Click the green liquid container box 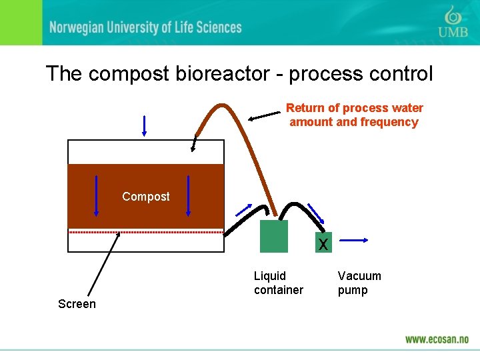click(274, 236)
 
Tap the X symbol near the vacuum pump click(323, 245)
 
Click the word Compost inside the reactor click(146, 197)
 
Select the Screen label click(77, 304)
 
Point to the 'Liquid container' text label click(278, 283)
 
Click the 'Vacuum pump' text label click(359, 283)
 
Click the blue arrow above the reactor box click(144, 125)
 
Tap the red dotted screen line click(167, 232)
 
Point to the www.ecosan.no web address click(437, 339)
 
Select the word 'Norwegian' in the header click(81, 27)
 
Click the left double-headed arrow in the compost click(96, 195)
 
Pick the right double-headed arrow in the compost click(189, 195)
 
